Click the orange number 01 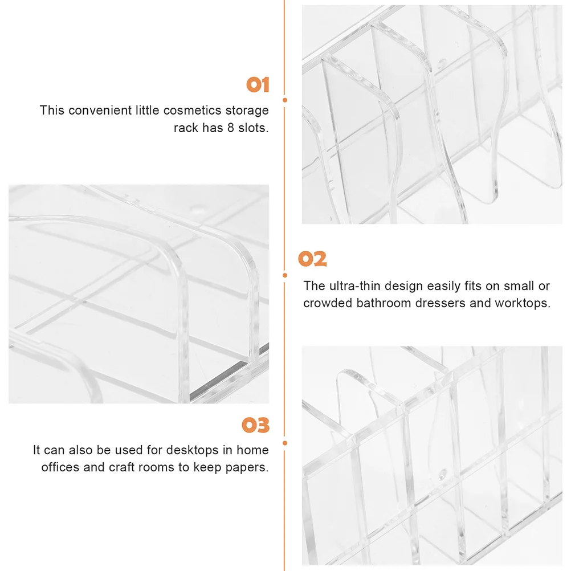(x=258, y=85)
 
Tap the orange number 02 (x=313, y=259)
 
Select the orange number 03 (x=255, y=426)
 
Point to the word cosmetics (x=194, y=110)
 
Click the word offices (x=60, y=468)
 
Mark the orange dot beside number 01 (x=285, y=100)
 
